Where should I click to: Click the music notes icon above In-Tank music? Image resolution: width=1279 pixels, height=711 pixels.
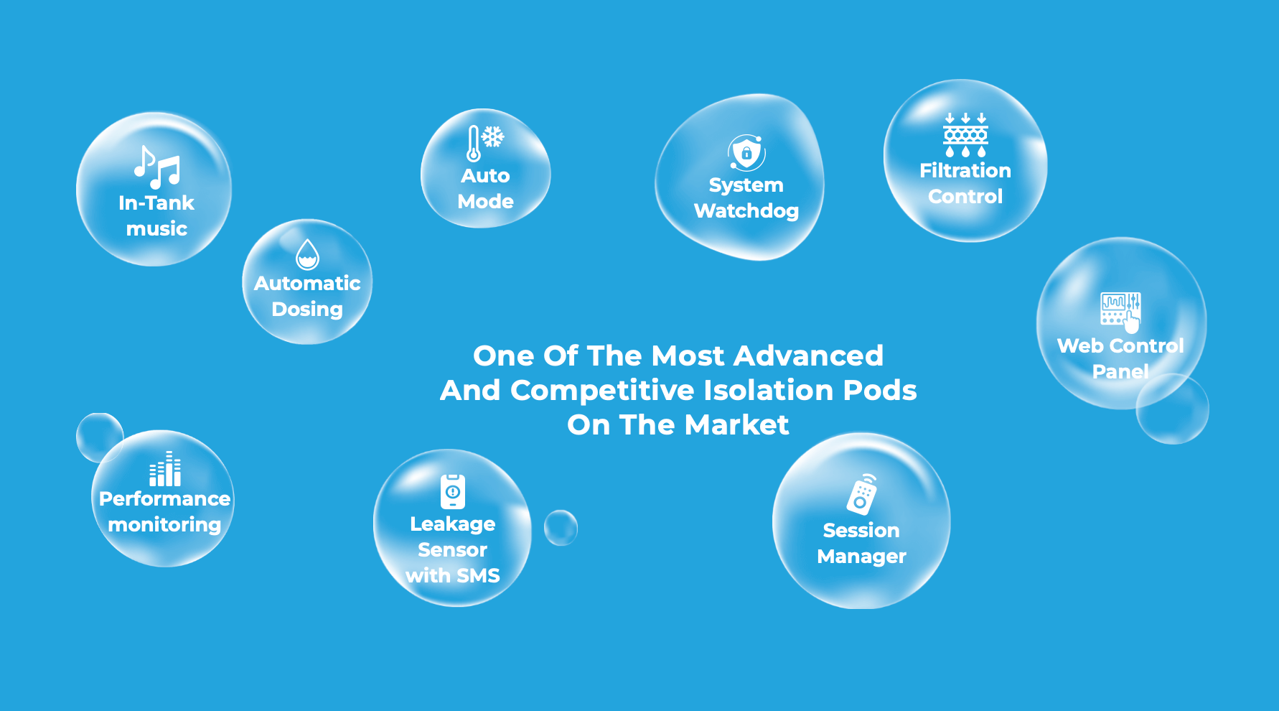pos(156,167)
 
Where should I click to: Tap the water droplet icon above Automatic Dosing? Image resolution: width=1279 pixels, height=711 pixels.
pos(307,254)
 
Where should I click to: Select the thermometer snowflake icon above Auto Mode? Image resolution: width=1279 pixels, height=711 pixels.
pos(485,143)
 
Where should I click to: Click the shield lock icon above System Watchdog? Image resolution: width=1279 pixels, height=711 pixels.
pos(746,152)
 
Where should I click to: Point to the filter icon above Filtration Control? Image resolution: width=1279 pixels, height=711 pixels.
pos(965,134)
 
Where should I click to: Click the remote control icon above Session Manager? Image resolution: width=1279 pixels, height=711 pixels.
pos(862,494)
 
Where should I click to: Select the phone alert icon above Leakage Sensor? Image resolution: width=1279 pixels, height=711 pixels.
pos(453,491)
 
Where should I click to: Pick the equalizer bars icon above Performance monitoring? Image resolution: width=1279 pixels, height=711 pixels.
pos(165,468)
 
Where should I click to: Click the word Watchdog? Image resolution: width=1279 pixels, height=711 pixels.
pos(746,211)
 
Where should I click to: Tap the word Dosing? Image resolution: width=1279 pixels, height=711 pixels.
pos(307,310)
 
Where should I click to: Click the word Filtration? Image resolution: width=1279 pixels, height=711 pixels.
pos(965,171)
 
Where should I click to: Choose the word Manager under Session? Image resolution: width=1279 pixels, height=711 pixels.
pos(862,557)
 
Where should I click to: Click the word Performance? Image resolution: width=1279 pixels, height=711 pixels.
pos(165,499)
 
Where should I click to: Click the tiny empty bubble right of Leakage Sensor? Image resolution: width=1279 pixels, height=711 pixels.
pos(561,528)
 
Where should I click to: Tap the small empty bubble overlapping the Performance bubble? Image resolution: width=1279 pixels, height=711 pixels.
pos(98,435)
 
